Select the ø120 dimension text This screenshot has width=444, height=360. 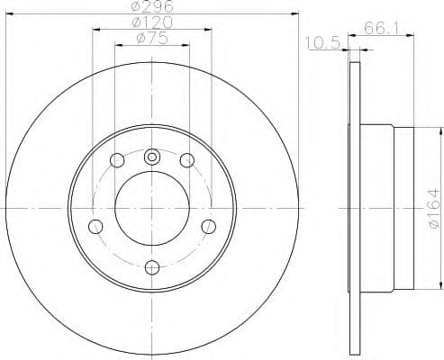click(x=150, y=22)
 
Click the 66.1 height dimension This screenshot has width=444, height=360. click(x=381, y=29)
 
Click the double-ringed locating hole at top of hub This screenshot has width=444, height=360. click(x=151, y=155)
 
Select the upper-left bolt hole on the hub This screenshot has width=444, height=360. click(x=116, y=161)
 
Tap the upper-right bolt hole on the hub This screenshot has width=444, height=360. click(x=187, y=160)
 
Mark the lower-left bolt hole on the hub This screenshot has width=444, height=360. click(x=95, y=226)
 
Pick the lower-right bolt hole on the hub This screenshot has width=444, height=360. click(x=208, y=226)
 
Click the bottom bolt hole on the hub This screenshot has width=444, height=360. click(x=151, y=266)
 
